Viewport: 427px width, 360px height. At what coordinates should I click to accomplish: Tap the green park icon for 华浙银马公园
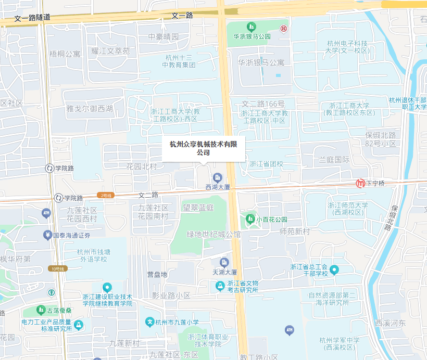[x=252, y=27]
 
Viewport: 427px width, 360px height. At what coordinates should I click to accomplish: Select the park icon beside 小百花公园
[x=250, y=219]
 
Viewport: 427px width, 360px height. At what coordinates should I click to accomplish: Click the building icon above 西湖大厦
[x=217, y=177]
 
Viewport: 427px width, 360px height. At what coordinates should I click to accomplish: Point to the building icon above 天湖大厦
[x=224, y=262]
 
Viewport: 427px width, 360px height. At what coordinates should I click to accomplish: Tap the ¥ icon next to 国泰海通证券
[x=47, y=235]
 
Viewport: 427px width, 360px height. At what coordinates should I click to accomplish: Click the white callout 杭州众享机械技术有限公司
[x=203, y=148]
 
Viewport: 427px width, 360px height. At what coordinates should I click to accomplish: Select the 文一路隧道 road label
[x=32, y=18]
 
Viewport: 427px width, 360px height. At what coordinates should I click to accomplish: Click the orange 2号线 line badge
[x=105, y=195]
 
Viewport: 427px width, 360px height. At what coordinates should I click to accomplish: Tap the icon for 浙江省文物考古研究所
[x=221, y=286]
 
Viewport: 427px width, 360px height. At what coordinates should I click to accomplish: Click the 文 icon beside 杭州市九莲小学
[x=150, y=322]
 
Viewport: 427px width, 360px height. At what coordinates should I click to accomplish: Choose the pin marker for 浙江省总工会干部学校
[x=334, y=269]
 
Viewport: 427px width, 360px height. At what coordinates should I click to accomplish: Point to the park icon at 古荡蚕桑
[x=40, y=310]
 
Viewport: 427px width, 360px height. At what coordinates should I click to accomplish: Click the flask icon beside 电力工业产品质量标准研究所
[x=79, y=325]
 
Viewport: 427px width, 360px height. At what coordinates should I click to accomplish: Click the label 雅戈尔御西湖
[x=90, y=109]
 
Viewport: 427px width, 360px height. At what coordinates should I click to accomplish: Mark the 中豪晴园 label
[x=163, y=37]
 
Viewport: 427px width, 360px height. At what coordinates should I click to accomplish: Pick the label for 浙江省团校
[x=266, y=164]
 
